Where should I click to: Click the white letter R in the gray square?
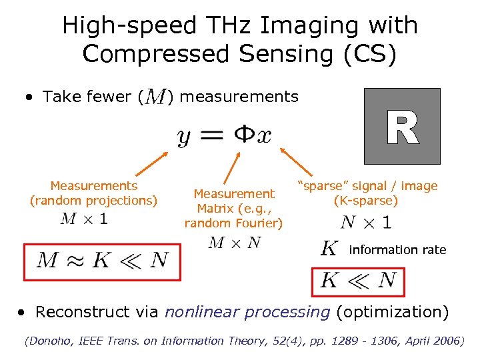402,127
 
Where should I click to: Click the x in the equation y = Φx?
264,136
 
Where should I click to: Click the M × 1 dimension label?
85,219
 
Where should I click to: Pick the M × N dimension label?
234,243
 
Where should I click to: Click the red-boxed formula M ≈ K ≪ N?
102,261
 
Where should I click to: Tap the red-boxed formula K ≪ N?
358,279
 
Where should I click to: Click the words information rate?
397,250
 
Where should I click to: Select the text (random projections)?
94,200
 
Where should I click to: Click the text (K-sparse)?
366,201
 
